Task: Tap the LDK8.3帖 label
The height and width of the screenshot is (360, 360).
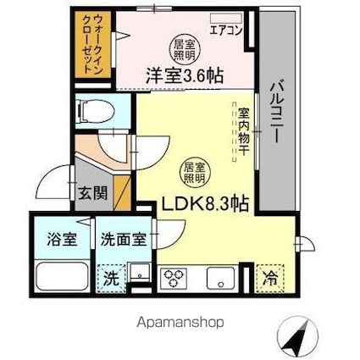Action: (x=204, y=204)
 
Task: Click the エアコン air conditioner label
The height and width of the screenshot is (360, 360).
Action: (x=224, y=28)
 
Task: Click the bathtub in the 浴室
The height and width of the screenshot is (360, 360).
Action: (x=61, y=274)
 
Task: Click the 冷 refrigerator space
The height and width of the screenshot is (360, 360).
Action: (x=269, y=276)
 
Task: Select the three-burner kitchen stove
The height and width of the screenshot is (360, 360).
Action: (x=174, y=277)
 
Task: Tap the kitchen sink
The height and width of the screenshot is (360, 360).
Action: (x=222, y=277)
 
